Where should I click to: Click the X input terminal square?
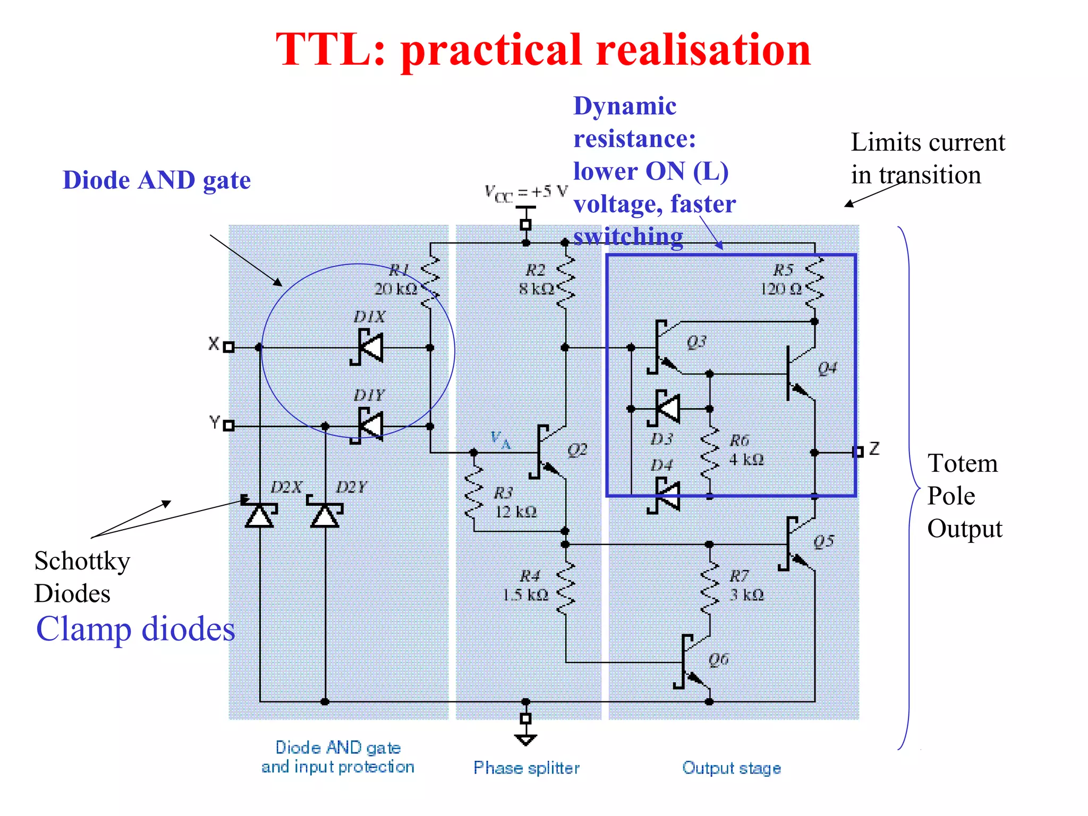pyautogui.click(x=228, y=347)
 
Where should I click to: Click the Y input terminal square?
pyautogui.click(x=228, y=426)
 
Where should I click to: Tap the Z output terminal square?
pyautogui.click(x=857, y=452)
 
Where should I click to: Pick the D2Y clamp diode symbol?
pyautogui.click(x=325, y=513)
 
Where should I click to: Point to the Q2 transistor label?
pyautogui.click(x=577, y=450)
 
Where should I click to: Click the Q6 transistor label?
pyautogui.click(x=718, y=659)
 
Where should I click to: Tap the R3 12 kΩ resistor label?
pyautogui.click(x=515, y=502)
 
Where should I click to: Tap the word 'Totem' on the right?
pyautogui.click(x=962, y=463)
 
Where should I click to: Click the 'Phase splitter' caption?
pyautogui.click(x=526, y=768)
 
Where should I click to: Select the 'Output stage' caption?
pyautogui.click(x=732, y=768)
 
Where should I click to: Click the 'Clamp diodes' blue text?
pyautogui.click(x=135, y=629)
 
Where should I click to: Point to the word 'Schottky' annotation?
pyautogui.click(x=82, y=561)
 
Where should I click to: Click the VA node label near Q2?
pyautogui.click(x=499, y=440)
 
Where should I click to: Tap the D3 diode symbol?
pyautogui.click(x=665, y=409)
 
